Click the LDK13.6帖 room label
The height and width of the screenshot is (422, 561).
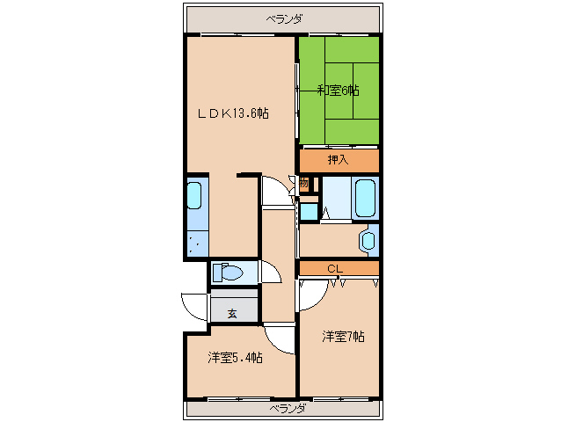[232, 113]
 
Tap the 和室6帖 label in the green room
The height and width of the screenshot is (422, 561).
[338, 89]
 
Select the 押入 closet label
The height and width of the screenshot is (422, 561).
[338, 160]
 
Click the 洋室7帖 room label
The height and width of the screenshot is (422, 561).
[342, 337]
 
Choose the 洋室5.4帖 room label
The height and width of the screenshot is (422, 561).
[235, 358]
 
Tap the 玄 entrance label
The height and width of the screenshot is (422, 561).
[232, 312]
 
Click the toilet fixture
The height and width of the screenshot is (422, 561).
[229, 273]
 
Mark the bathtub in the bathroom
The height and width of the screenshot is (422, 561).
[364, 198]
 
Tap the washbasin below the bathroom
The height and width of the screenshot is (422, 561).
[368, 239]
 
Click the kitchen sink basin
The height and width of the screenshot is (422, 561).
[195, 202]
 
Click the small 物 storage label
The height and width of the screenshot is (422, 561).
[304, 184]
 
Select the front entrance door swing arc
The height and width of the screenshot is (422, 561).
[193, 306]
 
